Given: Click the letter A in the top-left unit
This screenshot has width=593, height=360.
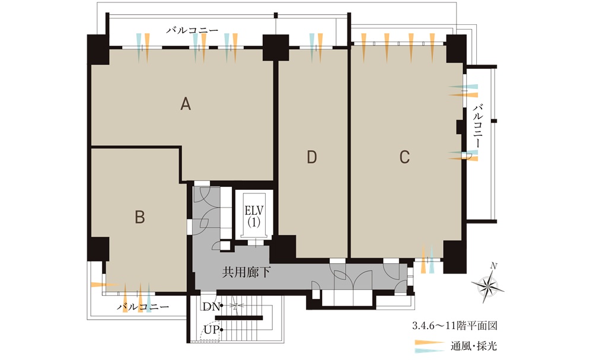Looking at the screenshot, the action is click(x=185, y=103).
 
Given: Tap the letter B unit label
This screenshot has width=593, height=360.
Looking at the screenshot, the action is click(x=140, y=217).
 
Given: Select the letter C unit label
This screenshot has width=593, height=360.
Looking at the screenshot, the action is click(x=404, y=157).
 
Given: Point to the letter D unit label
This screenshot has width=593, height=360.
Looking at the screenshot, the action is click(x=312, y=157).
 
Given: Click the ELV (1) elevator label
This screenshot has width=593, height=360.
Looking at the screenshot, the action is click(x=254, y=216).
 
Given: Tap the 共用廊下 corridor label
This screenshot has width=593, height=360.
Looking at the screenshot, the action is click(x=246, y=272).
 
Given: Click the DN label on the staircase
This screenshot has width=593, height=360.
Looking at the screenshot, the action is click(x=211, y=307).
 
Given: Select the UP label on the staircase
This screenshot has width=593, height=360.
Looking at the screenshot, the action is click(x=212, y=330).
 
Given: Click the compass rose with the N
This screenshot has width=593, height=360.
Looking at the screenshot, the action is click(x=488, y=284).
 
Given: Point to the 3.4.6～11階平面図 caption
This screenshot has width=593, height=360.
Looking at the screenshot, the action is click(x=455, y=326).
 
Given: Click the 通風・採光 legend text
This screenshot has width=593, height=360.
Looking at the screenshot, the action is click(x=473, y=346).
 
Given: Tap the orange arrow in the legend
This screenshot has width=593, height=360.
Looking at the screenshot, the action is click(x=429, y=343).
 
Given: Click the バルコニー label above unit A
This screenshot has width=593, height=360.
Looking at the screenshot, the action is click(x=192, y=30).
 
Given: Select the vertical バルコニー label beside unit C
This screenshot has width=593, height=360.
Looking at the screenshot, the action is click(x=477, y=126).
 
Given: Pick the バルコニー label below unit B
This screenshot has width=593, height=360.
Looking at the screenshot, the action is click(x=143, y=307).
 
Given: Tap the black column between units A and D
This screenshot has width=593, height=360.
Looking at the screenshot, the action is click(x=276, y=47).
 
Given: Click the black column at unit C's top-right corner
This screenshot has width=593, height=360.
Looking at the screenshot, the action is click(x=456, y=49).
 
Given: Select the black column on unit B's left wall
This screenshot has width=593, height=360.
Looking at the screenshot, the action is click(x=98, y=249).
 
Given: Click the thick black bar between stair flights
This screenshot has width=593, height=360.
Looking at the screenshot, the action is click(x=238, y=318).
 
